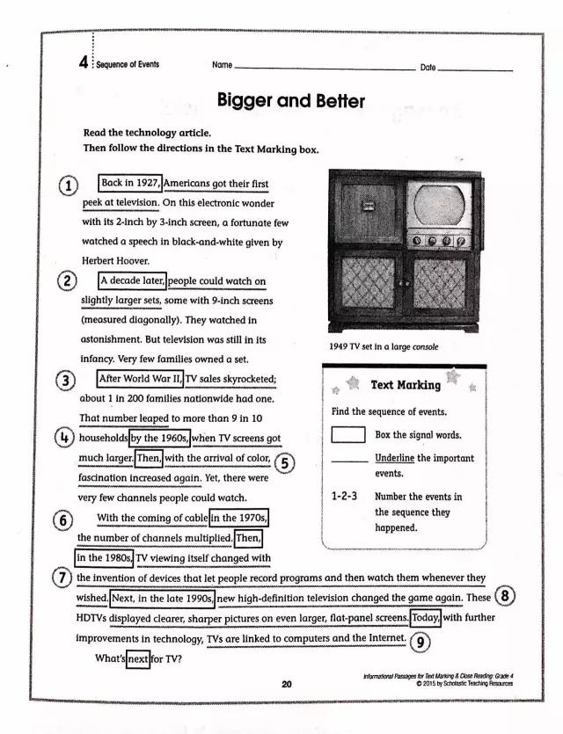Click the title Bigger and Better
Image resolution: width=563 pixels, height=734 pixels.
pyautogui.click(x=290, y=101)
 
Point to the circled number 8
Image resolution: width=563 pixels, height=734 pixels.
pyautogui.click(x=506, y=597)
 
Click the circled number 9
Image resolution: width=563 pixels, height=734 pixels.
pyautogui.click(x=421, y=642)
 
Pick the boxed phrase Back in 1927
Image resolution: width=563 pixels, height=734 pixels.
pyautogui.click(x=130, y=184)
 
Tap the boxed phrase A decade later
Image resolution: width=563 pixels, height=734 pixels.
pyautogui.click(x=131, y=281)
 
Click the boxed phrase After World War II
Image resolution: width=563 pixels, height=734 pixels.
pyautogui.click(x=140, y=380)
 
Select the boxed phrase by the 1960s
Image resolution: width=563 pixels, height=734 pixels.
pyautogui.click(x=159, y=438)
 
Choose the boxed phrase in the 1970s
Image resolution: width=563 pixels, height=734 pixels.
pyautogui.click(x=239, y=518)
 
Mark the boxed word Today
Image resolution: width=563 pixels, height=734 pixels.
pyautogui.click(x=425, y=618)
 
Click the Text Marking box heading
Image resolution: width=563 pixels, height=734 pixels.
pyautogui.click(x=406, y=385)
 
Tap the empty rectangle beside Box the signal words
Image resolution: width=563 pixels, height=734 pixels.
pyautogui.click(x=348, y=434)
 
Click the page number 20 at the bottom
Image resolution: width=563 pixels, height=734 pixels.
pyautogui.click(x=287, y=683)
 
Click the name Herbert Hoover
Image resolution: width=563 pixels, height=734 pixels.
pyautogui.click(x=115, y=261)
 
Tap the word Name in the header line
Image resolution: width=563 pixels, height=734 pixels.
pyautogui.click(x=222, y=66)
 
